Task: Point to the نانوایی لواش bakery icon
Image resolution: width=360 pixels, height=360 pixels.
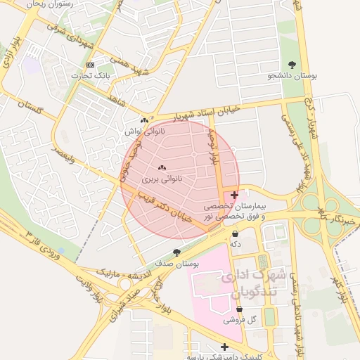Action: click(144, 121)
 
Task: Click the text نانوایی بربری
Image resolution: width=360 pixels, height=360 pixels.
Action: click(162, 179)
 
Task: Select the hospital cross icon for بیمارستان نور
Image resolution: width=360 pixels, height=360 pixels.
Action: click(234, 195)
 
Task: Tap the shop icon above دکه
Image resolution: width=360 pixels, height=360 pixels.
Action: click(235, 234)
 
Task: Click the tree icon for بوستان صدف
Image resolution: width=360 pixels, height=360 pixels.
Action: click(176, 252)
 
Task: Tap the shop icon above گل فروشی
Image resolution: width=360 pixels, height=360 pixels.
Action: click(240, 309)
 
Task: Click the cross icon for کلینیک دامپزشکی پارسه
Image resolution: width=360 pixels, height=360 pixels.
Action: click(224, 347)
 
